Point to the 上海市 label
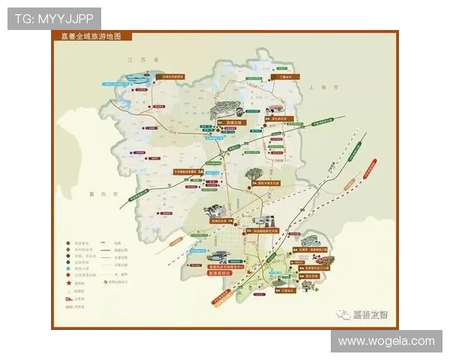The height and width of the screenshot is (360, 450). (x=320, y=88)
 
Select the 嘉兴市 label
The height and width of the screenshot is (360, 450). (x=113, y=193)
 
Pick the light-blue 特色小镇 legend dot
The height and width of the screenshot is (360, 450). (x=68, y=268)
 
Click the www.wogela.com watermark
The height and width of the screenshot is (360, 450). (x=386, y=340)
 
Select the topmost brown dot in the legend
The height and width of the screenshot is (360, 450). (x=68, y=243)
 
